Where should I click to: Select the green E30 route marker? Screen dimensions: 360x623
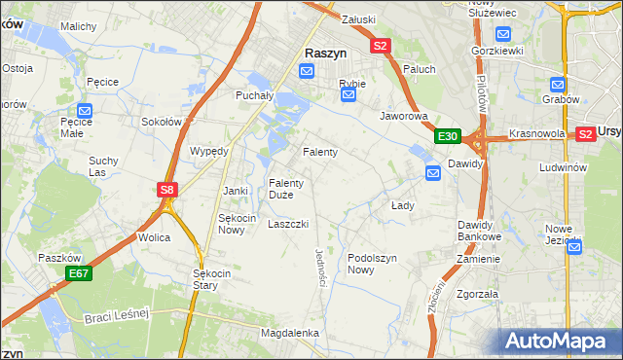(x=447, y=136)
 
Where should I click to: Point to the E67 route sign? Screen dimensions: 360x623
(x=79, y=275)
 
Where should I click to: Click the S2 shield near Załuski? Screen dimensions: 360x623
(x=380, y=46)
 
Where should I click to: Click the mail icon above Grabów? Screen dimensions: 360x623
(x=558, y=86)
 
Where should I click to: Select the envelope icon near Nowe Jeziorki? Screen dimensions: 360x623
(x=573, y=247)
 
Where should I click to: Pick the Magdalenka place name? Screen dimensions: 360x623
(x=290, y=333)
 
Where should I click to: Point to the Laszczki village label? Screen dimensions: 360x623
(x=288, y=223)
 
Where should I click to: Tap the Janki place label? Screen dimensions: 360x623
(x=237, y=191)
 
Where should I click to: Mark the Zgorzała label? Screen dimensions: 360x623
(x=477, y=293)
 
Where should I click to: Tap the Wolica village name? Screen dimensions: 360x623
(x=154, y=237)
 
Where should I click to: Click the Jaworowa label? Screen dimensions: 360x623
(x=404, y=115)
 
